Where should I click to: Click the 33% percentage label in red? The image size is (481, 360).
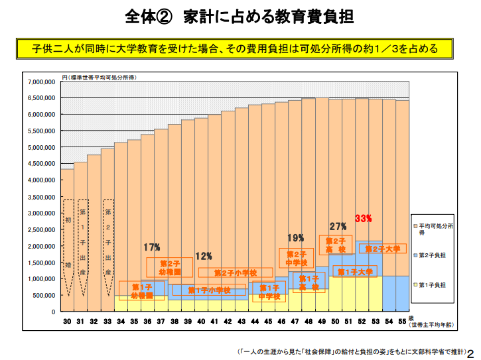pyautogui.click(x=363, y=218)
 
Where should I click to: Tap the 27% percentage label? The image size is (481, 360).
pyautogui.click(x=338, y=226)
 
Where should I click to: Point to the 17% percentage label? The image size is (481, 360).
pyautogui.click(x=152, y=247)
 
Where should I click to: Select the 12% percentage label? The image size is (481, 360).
pyautogui.click(x=203, y=256)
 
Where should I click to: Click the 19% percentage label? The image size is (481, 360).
pyautogui.click(x=296, y=237)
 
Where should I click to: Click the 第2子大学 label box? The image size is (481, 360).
pyautogui.click(x=383, y=249)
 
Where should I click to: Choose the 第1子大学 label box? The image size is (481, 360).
pyautogui.click(x=355, y=272)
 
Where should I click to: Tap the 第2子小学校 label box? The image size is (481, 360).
pyautogui.click(x=236, y=272)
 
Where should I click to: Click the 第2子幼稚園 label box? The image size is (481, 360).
pyautogui.click(x=171, y=268)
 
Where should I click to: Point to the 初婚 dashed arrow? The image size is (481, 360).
pyautogui.click(x=68, y=245)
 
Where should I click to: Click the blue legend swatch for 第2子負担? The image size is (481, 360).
pyautogui.click(x=415, y=255)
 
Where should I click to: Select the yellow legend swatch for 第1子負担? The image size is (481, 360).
pyautogui.click(x=415, y=284)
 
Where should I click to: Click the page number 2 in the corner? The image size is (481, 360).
pyautogui.click(x=472, y=352)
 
